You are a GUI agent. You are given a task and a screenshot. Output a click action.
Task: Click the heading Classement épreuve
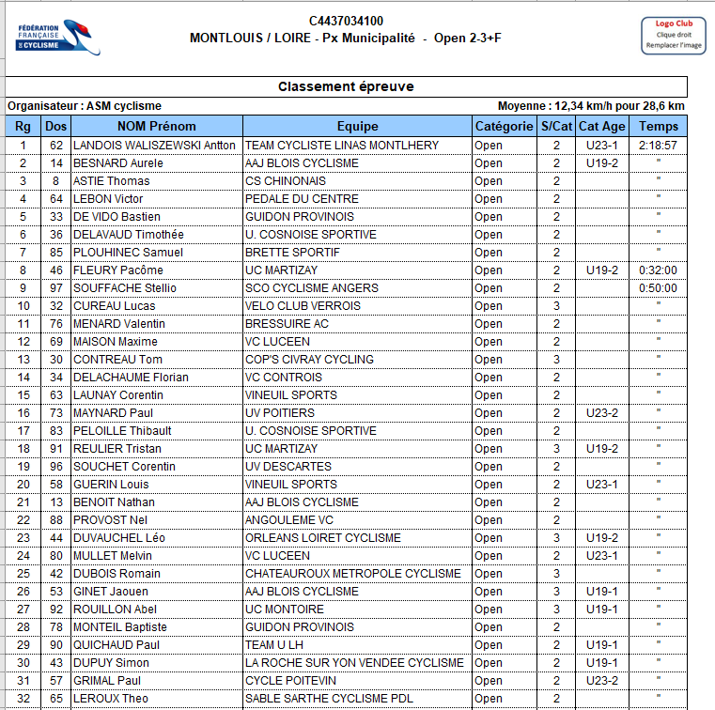click(x=346, y=86)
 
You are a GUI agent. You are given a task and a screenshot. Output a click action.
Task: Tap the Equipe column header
click(x=357, y=127)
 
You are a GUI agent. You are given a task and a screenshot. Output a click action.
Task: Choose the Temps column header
click(x=658, y=127)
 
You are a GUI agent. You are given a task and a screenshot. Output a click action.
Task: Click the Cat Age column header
click(x=601, y=127)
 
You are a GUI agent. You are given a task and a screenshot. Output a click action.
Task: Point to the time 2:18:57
click(x=658, y=146)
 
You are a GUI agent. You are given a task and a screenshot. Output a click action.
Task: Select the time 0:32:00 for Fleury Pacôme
click(x=658, y=270)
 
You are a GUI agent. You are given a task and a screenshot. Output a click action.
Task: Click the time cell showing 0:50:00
click(x=658, y=288)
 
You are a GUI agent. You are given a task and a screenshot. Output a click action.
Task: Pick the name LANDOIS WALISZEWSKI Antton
click(x=141, y=146)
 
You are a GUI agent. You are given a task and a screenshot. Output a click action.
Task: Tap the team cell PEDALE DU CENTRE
click(x=302, y=199)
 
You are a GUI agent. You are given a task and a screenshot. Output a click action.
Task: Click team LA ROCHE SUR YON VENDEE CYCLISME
click(x=354, y=663)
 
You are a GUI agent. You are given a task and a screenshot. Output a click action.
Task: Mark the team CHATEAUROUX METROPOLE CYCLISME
click(x=352, y=574)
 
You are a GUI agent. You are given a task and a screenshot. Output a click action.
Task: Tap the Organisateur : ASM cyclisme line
click(x=85, y=106)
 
